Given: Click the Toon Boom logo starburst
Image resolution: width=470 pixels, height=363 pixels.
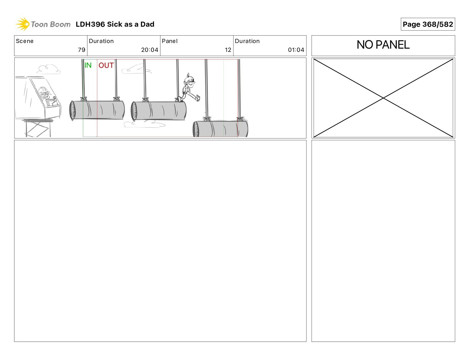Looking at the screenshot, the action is click(x=23, y=24).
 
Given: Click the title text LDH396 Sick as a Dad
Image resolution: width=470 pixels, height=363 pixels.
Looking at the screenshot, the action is click(x=115, y=24).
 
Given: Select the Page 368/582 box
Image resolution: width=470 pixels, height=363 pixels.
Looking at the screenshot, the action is click(x=428, y=24).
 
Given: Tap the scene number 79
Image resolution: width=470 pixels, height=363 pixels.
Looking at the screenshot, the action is click(x=82, y=50).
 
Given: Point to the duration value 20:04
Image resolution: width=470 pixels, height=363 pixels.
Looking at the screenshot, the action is click(x=150, y=50).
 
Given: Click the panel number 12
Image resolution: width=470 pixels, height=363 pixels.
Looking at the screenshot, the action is click(x=228, y=50).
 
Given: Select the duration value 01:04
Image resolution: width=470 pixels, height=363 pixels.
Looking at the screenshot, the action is click(x=296, y=50).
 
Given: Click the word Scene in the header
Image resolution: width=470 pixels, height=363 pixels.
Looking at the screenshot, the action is click(x=25, y=41).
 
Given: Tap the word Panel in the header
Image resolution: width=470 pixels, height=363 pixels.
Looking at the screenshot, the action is click(x=169, y=41).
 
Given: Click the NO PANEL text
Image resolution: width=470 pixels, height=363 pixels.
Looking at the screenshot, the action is click(x=383, y=45).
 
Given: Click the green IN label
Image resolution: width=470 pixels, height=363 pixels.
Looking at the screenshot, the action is click(x=88, y=65).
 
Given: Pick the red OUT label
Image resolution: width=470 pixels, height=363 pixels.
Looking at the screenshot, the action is click(x=106, y=65).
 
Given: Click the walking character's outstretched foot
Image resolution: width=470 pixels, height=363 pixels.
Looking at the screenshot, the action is click(x=198, y=98).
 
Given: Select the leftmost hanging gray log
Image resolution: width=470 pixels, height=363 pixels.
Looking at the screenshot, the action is click(x=97, y=110).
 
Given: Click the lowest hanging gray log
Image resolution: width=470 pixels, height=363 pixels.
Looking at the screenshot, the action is click(x=220, y=129).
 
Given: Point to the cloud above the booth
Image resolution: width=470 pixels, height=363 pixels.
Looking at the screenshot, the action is click(x=48, y=69).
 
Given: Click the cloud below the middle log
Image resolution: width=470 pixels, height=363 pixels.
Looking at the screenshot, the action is click(x=144, y=124).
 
